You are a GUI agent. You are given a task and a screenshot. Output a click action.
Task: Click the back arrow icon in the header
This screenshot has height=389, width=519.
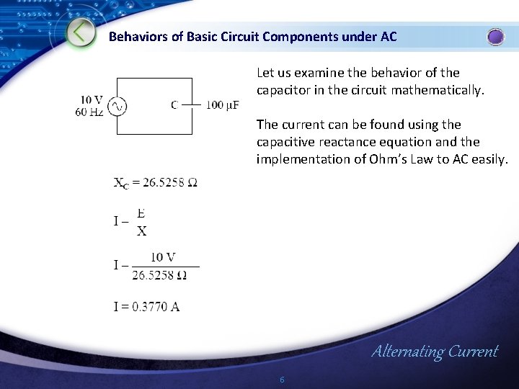tap(81, 33)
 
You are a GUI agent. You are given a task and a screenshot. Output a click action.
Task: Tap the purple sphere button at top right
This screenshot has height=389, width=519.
tap(496, 37)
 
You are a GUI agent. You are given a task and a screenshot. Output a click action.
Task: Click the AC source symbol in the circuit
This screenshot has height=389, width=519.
tap(117, 107)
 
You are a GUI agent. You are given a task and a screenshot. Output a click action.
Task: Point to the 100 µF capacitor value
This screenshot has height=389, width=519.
tap(223, 106)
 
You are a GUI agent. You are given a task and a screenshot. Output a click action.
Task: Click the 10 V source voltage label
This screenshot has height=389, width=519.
tap(92, 100)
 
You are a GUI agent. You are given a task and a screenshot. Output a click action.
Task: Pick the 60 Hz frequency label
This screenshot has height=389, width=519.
tap(89, 112)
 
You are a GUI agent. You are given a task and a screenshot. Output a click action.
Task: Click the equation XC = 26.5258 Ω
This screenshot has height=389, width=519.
tap(155, 183)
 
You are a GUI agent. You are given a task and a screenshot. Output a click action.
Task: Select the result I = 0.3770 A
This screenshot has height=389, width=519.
tap(146, 307)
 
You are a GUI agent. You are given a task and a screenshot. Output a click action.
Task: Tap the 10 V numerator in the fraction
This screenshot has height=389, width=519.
tap(164, 257)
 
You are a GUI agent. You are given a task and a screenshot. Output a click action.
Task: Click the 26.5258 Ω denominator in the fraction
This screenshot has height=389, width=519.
tap(160, 275)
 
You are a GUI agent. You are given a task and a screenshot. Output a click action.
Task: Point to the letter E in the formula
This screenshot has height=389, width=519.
tap(141, 213)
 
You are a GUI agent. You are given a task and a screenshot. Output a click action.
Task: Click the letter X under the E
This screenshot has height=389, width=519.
tap(141, 231)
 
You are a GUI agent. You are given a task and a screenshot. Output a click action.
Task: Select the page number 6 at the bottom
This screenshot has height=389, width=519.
tap(282, 380)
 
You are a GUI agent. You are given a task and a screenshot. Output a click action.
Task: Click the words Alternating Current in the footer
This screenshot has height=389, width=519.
tap(434, 352)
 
